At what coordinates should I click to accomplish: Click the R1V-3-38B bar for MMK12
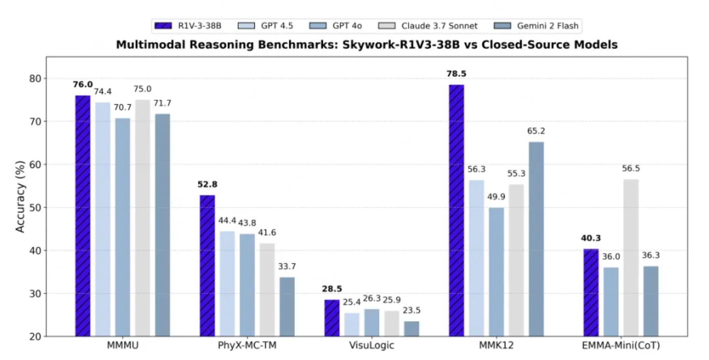click(x=456, y=211)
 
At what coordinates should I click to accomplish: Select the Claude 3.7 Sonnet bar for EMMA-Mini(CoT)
click(x=631, y=258)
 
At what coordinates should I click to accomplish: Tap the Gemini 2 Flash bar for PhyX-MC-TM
click(x=287, y=306)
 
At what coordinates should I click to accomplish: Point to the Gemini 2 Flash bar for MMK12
click(x=536, y=239)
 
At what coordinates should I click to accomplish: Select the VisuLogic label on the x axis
click(x=372, y=346)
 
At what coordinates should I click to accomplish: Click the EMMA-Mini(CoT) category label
click(x=621, y=346)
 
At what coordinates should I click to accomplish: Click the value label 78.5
click(x=456, y=74)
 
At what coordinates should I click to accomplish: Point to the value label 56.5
click(x=631, y=168)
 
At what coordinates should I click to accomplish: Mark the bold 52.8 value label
click(x=207, y=184)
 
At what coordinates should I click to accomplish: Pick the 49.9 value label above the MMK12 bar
click(x=496, y=196)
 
